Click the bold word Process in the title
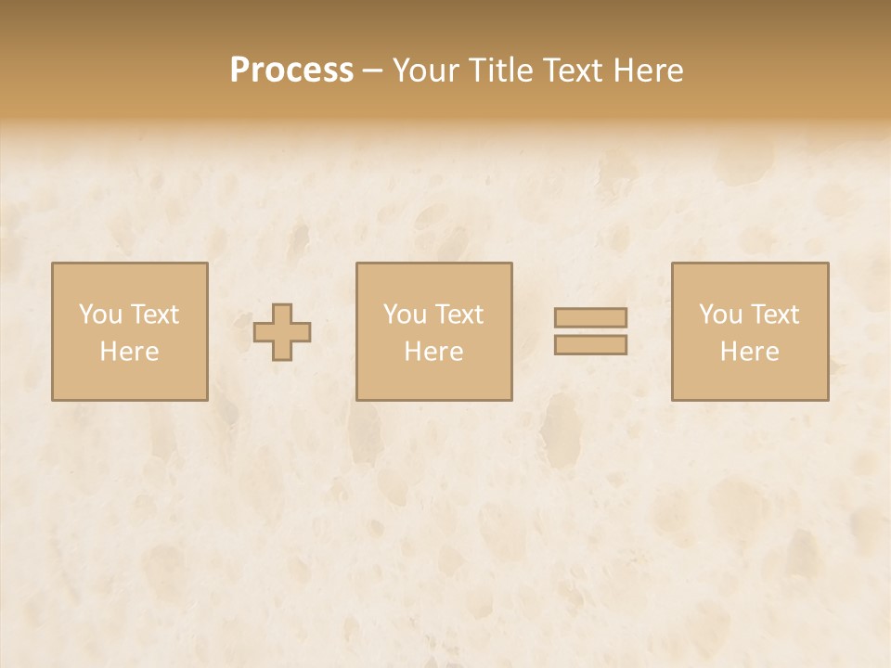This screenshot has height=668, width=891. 291,71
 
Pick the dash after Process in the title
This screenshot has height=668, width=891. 373,71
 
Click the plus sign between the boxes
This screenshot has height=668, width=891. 282,332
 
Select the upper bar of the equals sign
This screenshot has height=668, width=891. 590,318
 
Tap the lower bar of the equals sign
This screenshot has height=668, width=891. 590,345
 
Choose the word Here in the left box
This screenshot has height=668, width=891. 129,352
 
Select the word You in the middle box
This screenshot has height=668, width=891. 406,315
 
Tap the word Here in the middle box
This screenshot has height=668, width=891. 433,352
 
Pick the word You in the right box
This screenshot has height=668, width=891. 721,315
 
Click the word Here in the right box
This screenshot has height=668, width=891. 749,352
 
